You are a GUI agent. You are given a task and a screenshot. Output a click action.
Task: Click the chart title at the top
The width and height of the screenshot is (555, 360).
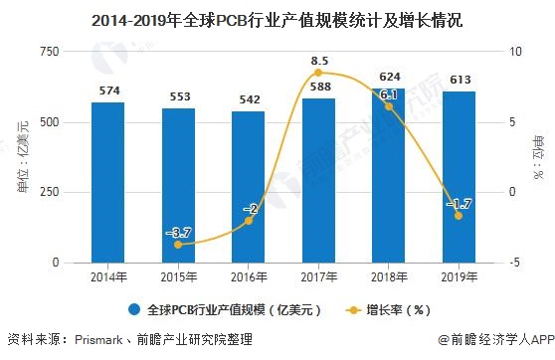click(x=277, y=19)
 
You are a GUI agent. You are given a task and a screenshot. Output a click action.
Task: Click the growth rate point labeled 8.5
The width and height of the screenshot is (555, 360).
click(x=318, y=73)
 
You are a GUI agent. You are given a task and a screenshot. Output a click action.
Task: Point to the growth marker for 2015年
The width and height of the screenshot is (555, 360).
click(x=178, y=244)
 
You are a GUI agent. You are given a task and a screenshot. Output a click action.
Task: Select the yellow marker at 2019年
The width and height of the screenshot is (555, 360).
click(x=459, y=215)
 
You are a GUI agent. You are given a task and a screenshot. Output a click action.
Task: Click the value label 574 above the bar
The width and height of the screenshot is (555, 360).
click(x=107, y=90)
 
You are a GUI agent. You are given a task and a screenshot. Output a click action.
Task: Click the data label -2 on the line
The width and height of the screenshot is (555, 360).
click(x=250, y=209)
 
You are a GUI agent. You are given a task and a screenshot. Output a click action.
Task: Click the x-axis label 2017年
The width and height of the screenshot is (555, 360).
click(x=318, y=275)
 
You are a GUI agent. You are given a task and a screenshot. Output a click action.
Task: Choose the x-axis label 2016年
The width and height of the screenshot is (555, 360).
click(x=249, y=275)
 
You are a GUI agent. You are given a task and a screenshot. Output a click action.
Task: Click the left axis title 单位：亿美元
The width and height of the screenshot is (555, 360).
click(x=22, y=156)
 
